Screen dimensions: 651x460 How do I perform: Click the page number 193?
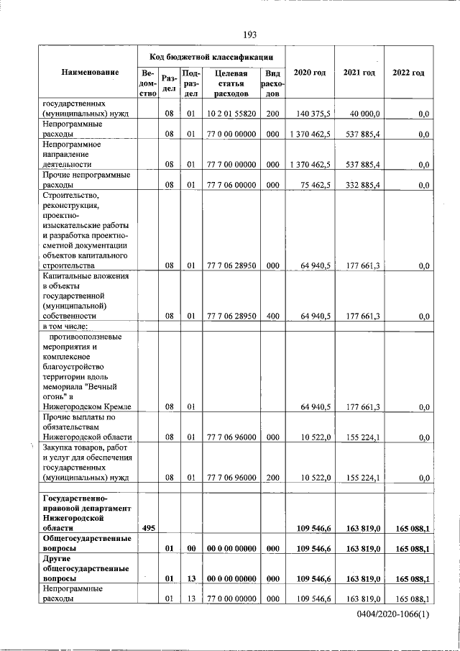click(x=250, y=35)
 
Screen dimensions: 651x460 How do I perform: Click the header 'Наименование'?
click(x=90, y=73)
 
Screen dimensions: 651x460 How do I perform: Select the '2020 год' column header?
click(x=310, y=73)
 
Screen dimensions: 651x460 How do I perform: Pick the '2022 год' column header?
click(x=408, y=73)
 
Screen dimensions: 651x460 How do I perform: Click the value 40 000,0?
click(x=364, y=114)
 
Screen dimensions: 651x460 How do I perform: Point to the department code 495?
click(x=147, y=529)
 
